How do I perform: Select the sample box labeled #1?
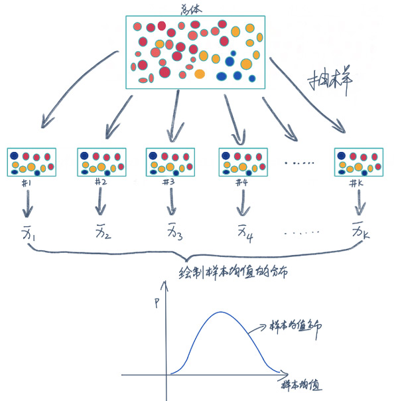click(31, 163)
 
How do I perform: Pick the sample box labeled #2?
click(101, 163)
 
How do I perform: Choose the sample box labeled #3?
click(170, 163)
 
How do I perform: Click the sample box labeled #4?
click(242, 163)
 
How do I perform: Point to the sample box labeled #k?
click(358, 163)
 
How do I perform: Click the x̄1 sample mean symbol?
click(29, 234)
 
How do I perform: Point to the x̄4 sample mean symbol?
click(243, 234)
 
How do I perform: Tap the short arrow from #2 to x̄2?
click(100, 201)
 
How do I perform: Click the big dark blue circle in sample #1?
click(15, 155)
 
